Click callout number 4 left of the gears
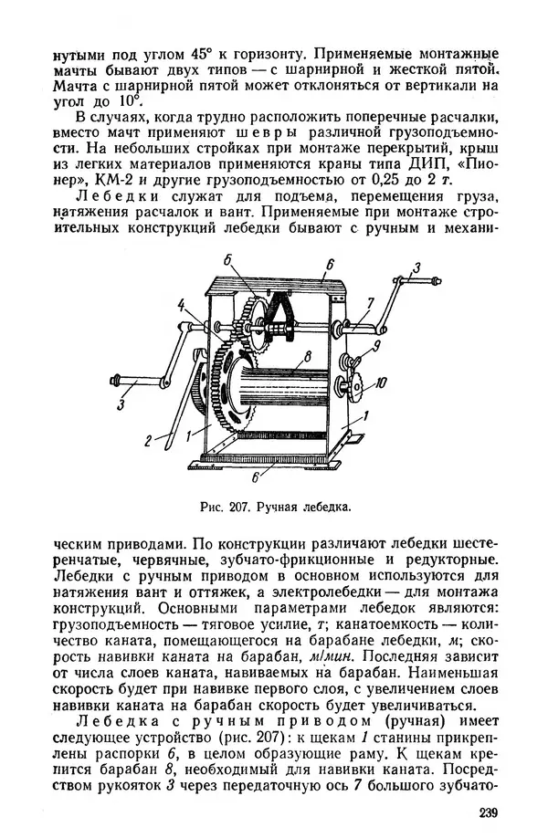click(x=182, y=305)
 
